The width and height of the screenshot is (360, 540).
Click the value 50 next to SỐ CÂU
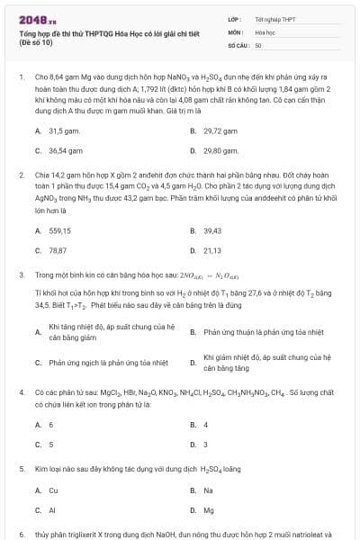pos(258,44)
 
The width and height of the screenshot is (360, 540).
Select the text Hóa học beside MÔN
pos(265,31)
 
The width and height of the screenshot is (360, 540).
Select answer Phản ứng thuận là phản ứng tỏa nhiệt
pos(263,332)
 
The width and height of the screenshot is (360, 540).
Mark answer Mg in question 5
pos(209,511)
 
